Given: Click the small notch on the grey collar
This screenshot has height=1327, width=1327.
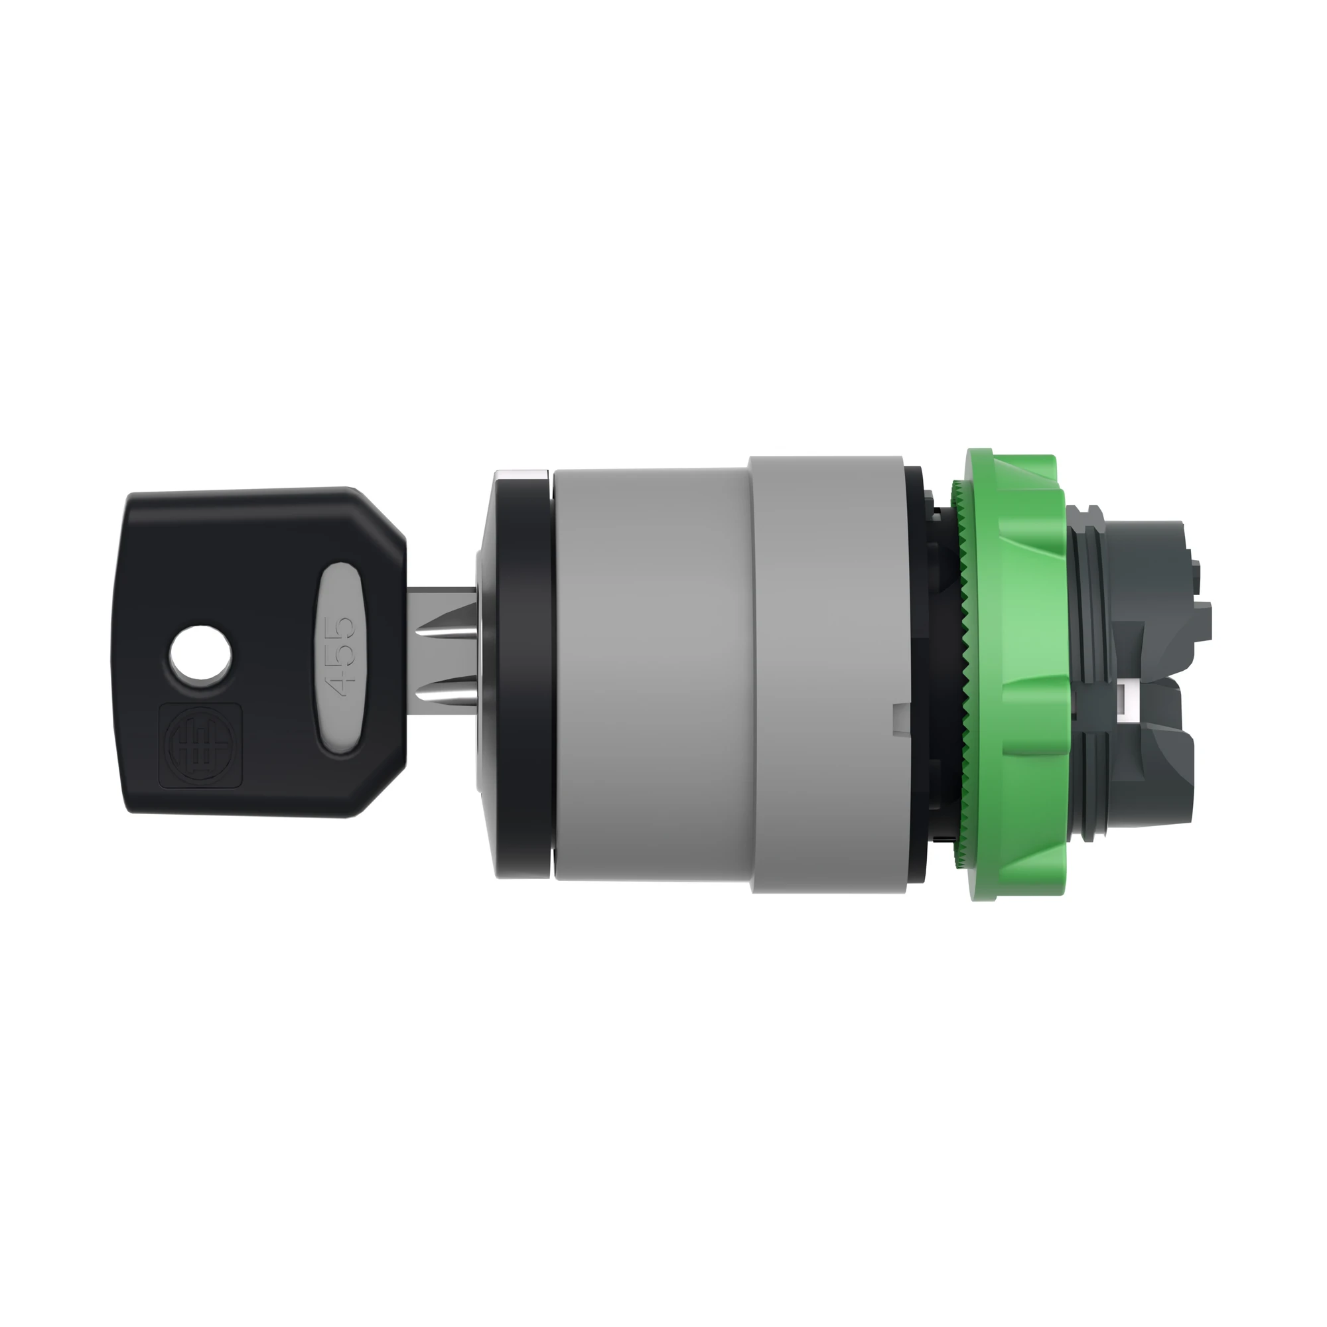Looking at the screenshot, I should click(x=898, y=710).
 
